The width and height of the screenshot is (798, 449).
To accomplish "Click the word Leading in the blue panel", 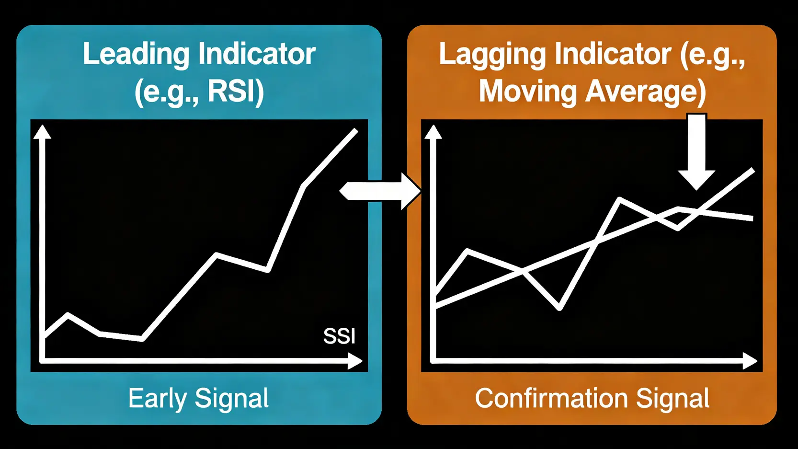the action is pyautogui.click(x=136, y=55).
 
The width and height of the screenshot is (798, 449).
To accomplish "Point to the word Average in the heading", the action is pyautogui.click(x=641, y=92).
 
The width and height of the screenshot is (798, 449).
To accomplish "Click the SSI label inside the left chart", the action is pyautogui.click(x=339, y=336).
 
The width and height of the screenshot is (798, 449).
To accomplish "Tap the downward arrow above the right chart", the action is pyautogui.click(x=696, y=151).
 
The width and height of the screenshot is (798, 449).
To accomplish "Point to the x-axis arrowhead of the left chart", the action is pyautogui.click(x=355, y=361).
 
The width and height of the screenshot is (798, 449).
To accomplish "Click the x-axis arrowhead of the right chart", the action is pyautogui.click(x=750, y=361).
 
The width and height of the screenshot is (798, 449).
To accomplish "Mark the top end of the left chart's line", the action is pyautogui.click(x=356, y=130).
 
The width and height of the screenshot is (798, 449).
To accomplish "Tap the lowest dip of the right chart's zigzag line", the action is pyautogui.click(x=559, y=308).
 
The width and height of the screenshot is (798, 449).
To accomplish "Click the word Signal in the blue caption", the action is pyautogui.click(x=231, y=399).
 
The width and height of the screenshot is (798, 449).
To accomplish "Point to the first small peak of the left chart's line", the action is pyautogui.click(x=68, y=314).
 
